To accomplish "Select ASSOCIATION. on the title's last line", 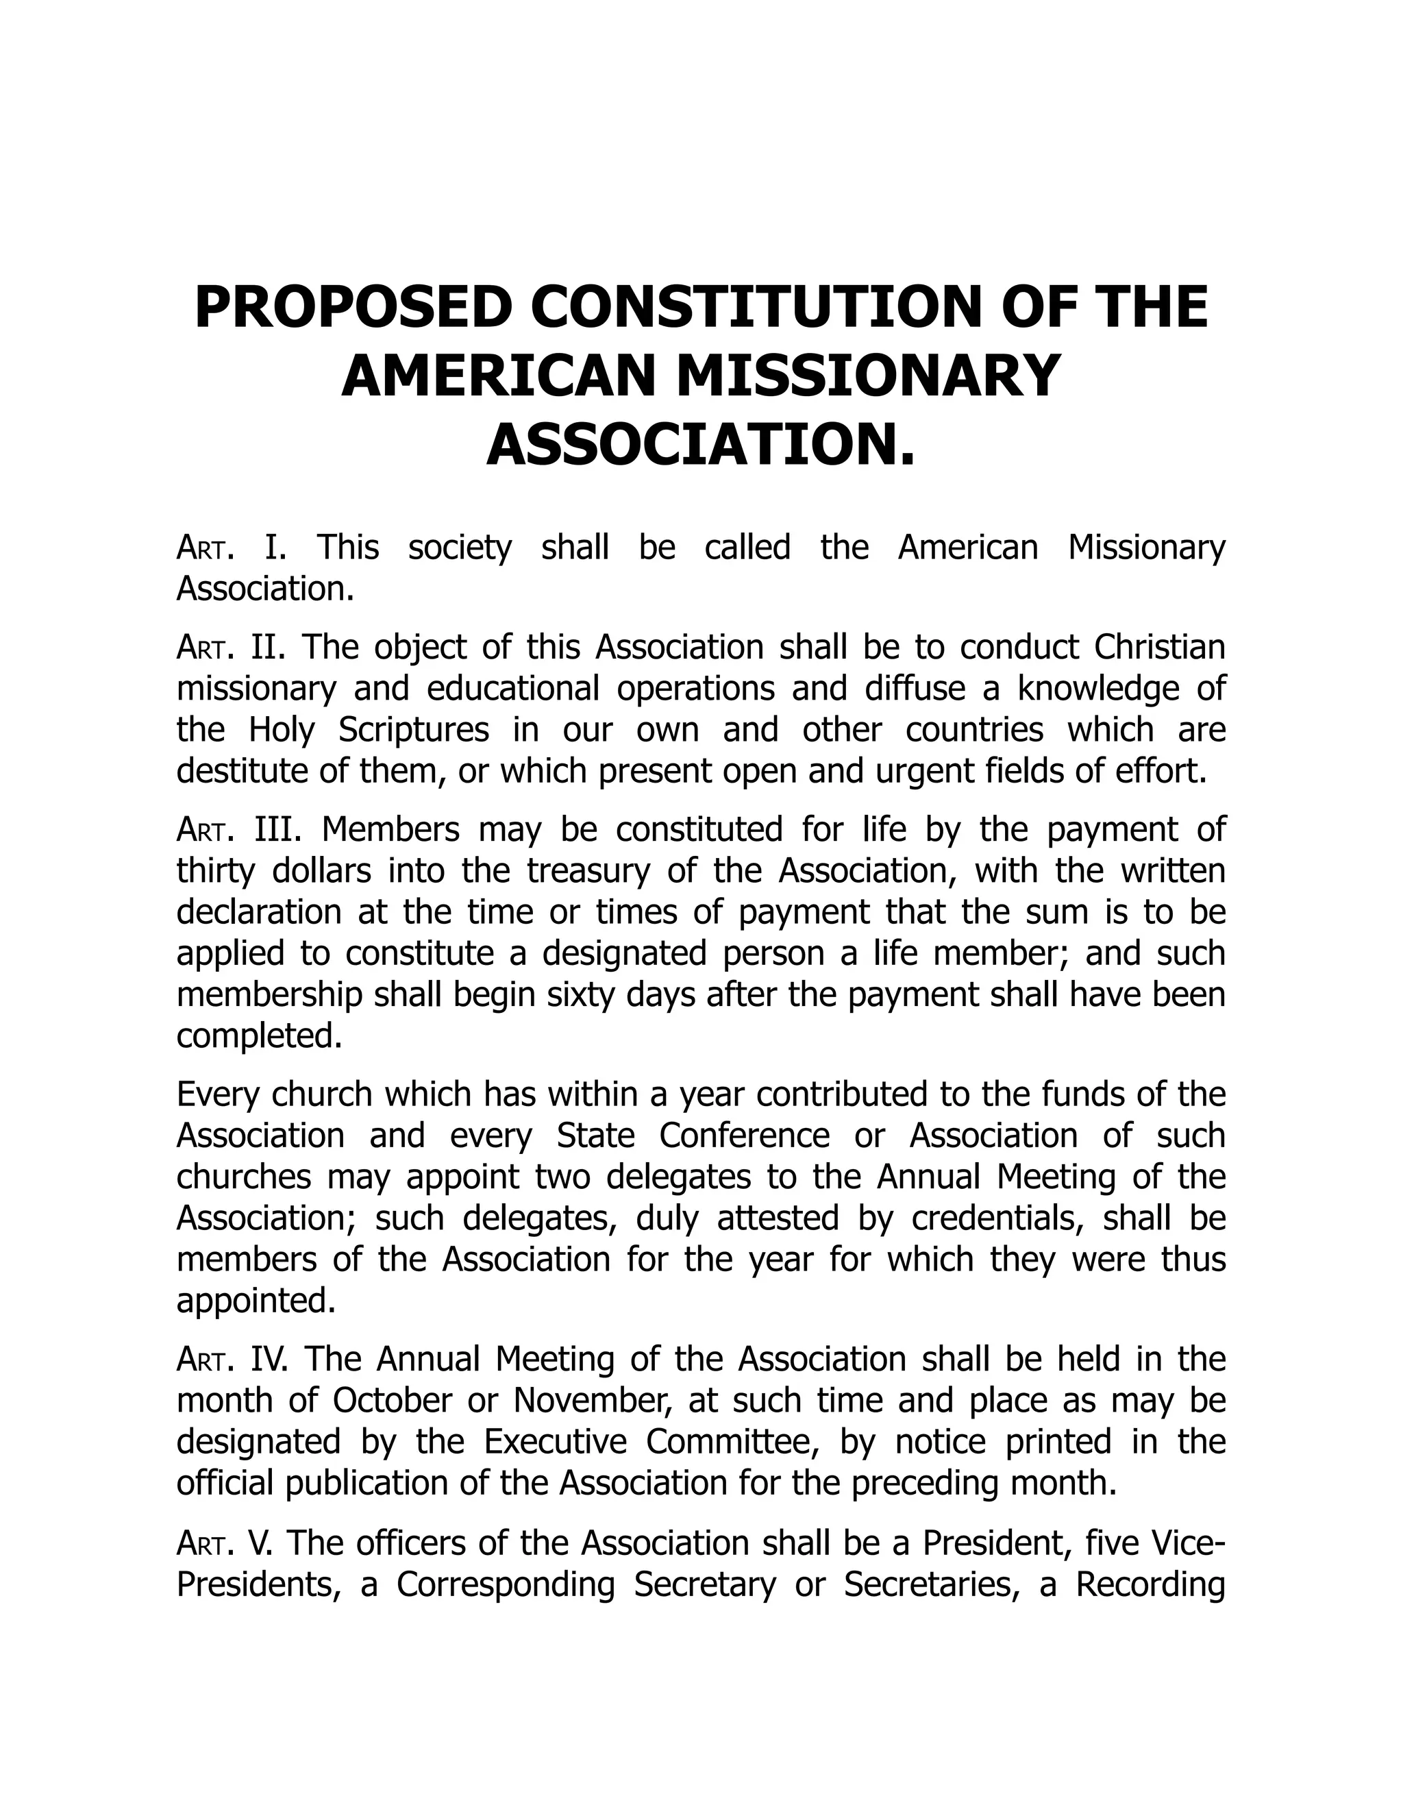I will point(701,445).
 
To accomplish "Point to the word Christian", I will point(1160,648).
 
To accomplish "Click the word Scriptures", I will point(414,730).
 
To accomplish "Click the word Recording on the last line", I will point(1150,1585).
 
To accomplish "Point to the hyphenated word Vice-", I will point(1189,1543).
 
